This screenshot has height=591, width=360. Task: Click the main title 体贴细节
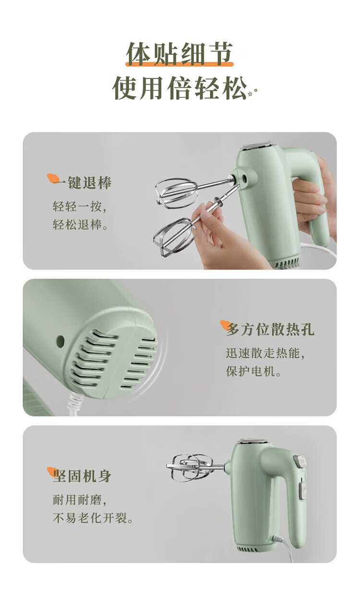point(180,54)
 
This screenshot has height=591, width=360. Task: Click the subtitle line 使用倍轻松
point(180,88)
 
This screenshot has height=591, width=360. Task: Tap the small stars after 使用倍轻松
point(252,92)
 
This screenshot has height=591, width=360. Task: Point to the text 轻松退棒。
point(81,225)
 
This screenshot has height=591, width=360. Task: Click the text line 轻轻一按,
point(80,206)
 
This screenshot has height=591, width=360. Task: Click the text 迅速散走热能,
point(265,353)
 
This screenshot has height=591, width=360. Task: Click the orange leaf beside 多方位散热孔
point(225,325)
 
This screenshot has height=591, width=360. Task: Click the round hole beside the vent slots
point(60,341)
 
